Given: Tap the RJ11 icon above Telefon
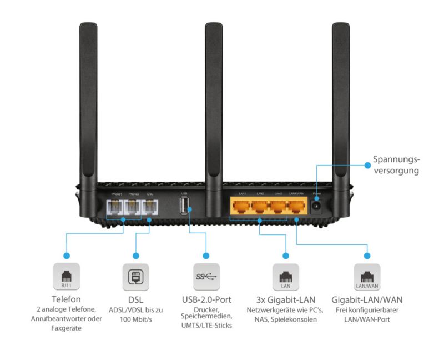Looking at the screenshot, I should coord(66,276).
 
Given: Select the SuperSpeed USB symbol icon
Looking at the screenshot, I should coord(206,276).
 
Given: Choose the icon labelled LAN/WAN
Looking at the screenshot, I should coord(367,276).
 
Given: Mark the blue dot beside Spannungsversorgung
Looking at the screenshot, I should coord(367,165).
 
